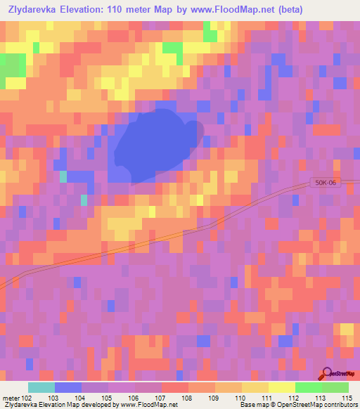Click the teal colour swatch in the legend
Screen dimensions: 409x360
pyautogui.click(x=41, y=387)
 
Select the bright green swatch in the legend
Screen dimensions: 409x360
pyautogui.click(x=308, y=387)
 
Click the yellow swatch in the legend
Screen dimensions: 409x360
pyautogui.click(x=281, y=387)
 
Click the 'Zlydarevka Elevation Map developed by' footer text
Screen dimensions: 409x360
pyautogui.click(x=50, y=405)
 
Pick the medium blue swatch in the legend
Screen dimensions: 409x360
pyautogui.click(x=67, y=387)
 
